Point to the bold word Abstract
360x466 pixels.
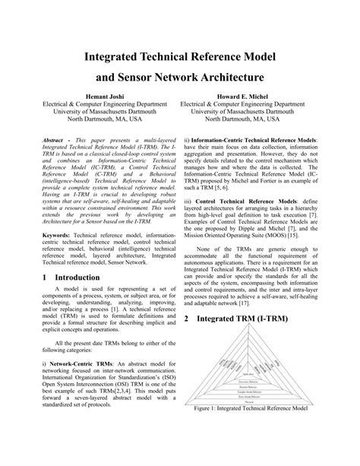54,141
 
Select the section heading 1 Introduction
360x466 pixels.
72,279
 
